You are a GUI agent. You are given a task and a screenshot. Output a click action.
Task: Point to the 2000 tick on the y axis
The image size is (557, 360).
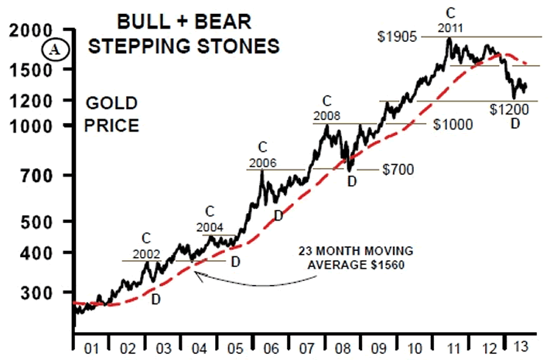(x=36, y=32)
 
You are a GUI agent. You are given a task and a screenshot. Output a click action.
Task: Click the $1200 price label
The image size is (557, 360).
(x=510, y=110)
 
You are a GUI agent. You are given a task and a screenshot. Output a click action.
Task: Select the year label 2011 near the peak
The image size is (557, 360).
(x=453, y=29)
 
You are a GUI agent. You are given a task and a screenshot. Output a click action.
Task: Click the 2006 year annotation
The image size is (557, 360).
(x=263, y=163)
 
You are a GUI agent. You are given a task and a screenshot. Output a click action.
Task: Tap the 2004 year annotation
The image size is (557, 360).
(x=209, y=228)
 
